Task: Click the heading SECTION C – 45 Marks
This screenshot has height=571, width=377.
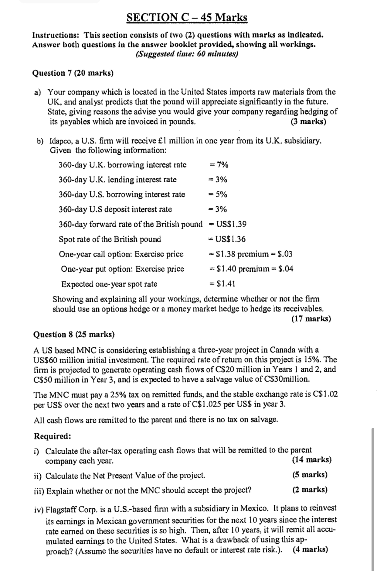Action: tap(187, 18)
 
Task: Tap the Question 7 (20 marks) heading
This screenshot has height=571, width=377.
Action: tap(73, 73)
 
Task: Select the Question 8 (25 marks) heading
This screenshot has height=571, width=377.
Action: tap(74, 335)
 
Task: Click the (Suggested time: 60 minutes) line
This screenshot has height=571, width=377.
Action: tap(187, 54)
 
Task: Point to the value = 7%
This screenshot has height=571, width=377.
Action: tap(219, 165)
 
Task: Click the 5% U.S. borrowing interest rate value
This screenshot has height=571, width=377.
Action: tap(221, 194)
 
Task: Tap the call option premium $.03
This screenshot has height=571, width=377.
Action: tap(285, 254)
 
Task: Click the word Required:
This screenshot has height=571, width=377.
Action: tap(53, 436)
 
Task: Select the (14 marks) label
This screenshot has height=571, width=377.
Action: tap(311, 459)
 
